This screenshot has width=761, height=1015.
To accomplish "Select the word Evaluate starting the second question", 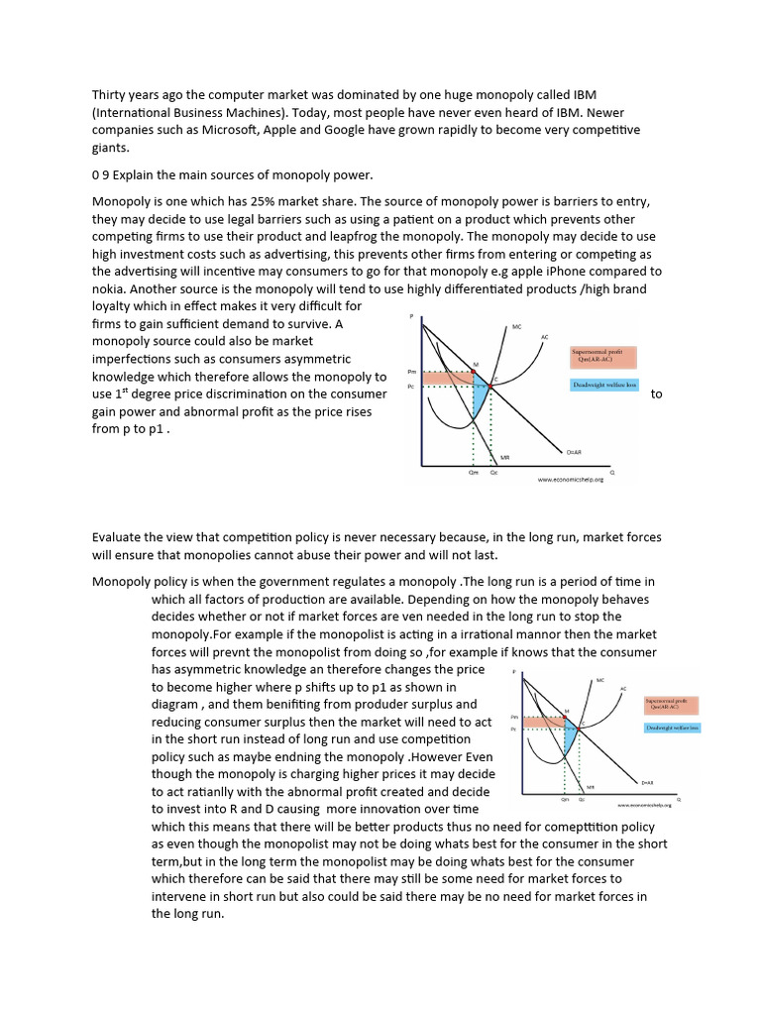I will (x=120, y=537).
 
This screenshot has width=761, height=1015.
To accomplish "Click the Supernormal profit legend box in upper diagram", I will (x=602, y=357).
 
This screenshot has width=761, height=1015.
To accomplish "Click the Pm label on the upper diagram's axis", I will (x=411, y=373).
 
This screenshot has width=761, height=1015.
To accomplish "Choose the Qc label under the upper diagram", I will (x=494, y=473).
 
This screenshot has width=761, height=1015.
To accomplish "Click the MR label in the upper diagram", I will (x=504, y=457).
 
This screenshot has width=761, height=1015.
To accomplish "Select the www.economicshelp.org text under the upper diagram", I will (x=570, y=480).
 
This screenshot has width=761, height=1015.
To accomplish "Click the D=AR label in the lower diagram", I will (x=647, y=783).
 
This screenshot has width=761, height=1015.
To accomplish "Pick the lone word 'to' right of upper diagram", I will (x=656, y=395).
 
